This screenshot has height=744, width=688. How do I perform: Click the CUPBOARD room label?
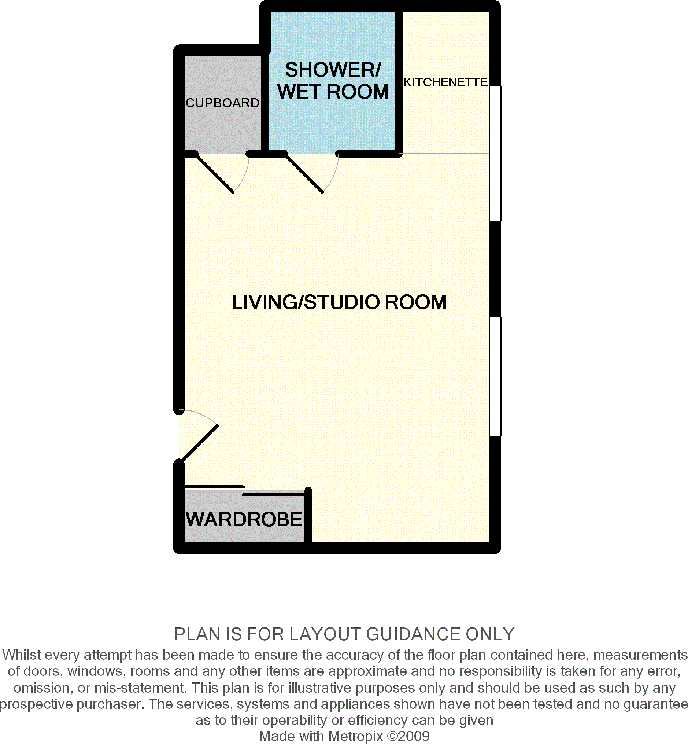pos(222,103)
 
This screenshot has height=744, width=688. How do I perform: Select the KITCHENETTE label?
pos(445,82)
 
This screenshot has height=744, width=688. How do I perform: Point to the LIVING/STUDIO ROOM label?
pos(339,302)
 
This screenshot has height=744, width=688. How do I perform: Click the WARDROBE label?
pos(244,519)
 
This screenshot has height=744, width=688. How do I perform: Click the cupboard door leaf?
pos(214,174)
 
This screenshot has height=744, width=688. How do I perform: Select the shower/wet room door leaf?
pos(304,174)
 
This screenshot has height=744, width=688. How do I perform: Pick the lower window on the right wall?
pos(495,376)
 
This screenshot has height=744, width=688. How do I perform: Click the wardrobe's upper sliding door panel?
pos(214,487)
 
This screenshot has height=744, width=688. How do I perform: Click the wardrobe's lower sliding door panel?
pos(274,494)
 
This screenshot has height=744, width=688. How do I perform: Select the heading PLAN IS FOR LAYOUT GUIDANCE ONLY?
pos(344,634)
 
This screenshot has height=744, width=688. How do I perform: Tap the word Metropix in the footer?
pos(356,736)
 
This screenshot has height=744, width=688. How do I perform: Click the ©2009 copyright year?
pos(408,736)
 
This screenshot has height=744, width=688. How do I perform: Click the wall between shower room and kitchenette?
pos(399,80)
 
